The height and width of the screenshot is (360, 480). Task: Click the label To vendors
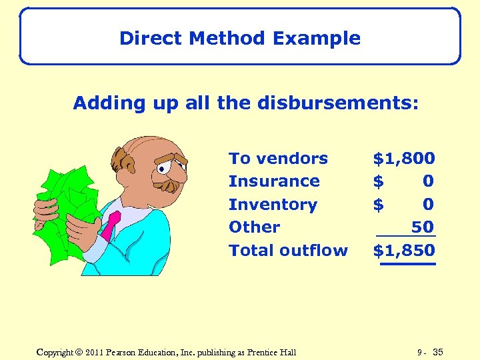coord(278,159)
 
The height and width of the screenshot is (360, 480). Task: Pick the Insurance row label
coord(274,181)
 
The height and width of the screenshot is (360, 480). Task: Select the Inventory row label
coord(273,205)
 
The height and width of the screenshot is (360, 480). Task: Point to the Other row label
coord(254,227)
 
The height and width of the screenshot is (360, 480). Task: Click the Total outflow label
coord(288,251)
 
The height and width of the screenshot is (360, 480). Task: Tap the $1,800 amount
coord(404,159)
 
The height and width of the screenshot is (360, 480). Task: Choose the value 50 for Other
coord(423,227)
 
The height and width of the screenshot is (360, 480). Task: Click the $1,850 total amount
coord(404,251)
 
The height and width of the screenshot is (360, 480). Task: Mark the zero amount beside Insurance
coord(428,181)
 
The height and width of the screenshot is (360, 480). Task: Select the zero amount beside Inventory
coord(428,205)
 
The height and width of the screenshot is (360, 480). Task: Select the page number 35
coord(437,352)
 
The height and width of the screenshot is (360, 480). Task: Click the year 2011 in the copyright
coord(95,352)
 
